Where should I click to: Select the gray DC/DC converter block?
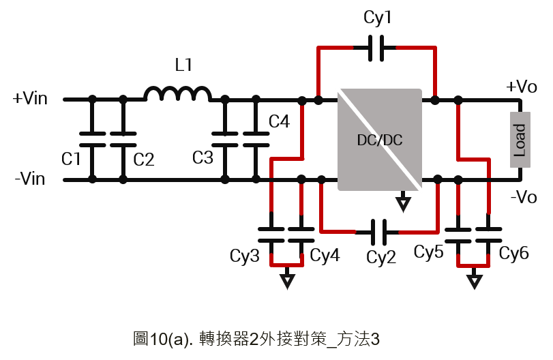380,140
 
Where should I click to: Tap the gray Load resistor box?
520,140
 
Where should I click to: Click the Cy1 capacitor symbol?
376,48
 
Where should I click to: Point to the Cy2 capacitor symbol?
378,232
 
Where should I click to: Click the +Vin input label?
30,98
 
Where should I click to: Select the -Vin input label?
30,179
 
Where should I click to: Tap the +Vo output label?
521,87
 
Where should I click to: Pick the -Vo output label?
524,197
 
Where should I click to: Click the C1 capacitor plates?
93,139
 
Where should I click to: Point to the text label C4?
279,121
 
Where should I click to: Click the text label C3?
203,157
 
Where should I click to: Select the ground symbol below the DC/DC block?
403,202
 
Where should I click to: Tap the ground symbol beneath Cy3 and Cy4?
288,279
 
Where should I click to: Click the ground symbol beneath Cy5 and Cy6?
475,279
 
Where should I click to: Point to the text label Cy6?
514,254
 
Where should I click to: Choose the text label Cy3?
244,256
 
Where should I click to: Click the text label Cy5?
428,252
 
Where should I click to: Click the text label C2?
144,160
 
